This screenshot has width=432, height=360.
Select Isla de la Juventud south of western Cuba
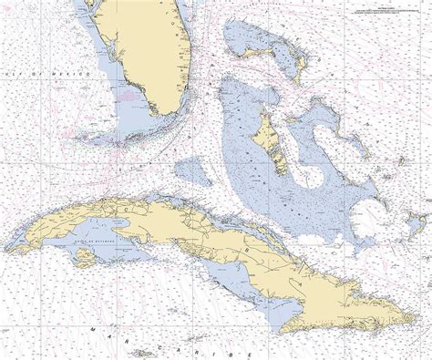point(83,258)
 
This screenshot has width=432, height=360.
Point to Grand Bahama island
point(258,53)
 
